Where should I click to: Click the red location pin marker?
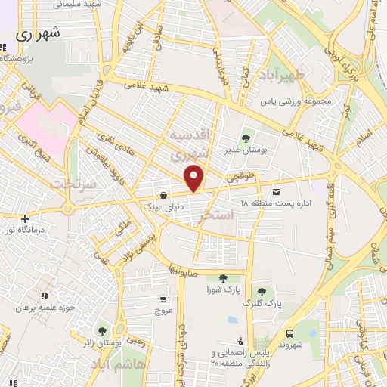[195, 178]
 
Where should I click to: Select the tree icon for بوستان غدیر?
[246, 138]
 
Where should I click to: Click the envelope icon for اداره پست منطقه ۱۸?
[275, 192]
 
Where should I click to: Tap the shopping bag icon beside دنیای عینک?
[163, 193]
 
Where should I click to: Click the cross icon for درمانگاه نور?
[25, 218]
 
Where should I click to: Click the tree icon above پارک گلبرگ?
[262, 292]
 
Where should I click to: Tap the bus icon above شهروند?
[289, 333]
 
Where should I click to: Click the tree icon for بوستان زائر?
[101, 330]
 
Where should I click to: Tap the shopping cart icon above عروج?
[164, 300]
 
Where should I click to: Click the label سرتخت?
[69, 184]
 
